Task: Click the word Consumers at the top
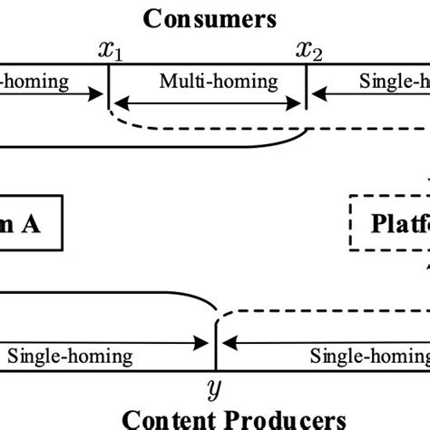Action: [215, 17]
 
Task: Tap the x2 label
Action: [309, 51]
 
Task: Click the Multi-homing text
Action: [219, 82]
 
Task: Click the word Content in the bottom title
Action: [168, 419]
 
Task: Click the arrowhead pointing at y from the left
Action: [208, 343]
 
